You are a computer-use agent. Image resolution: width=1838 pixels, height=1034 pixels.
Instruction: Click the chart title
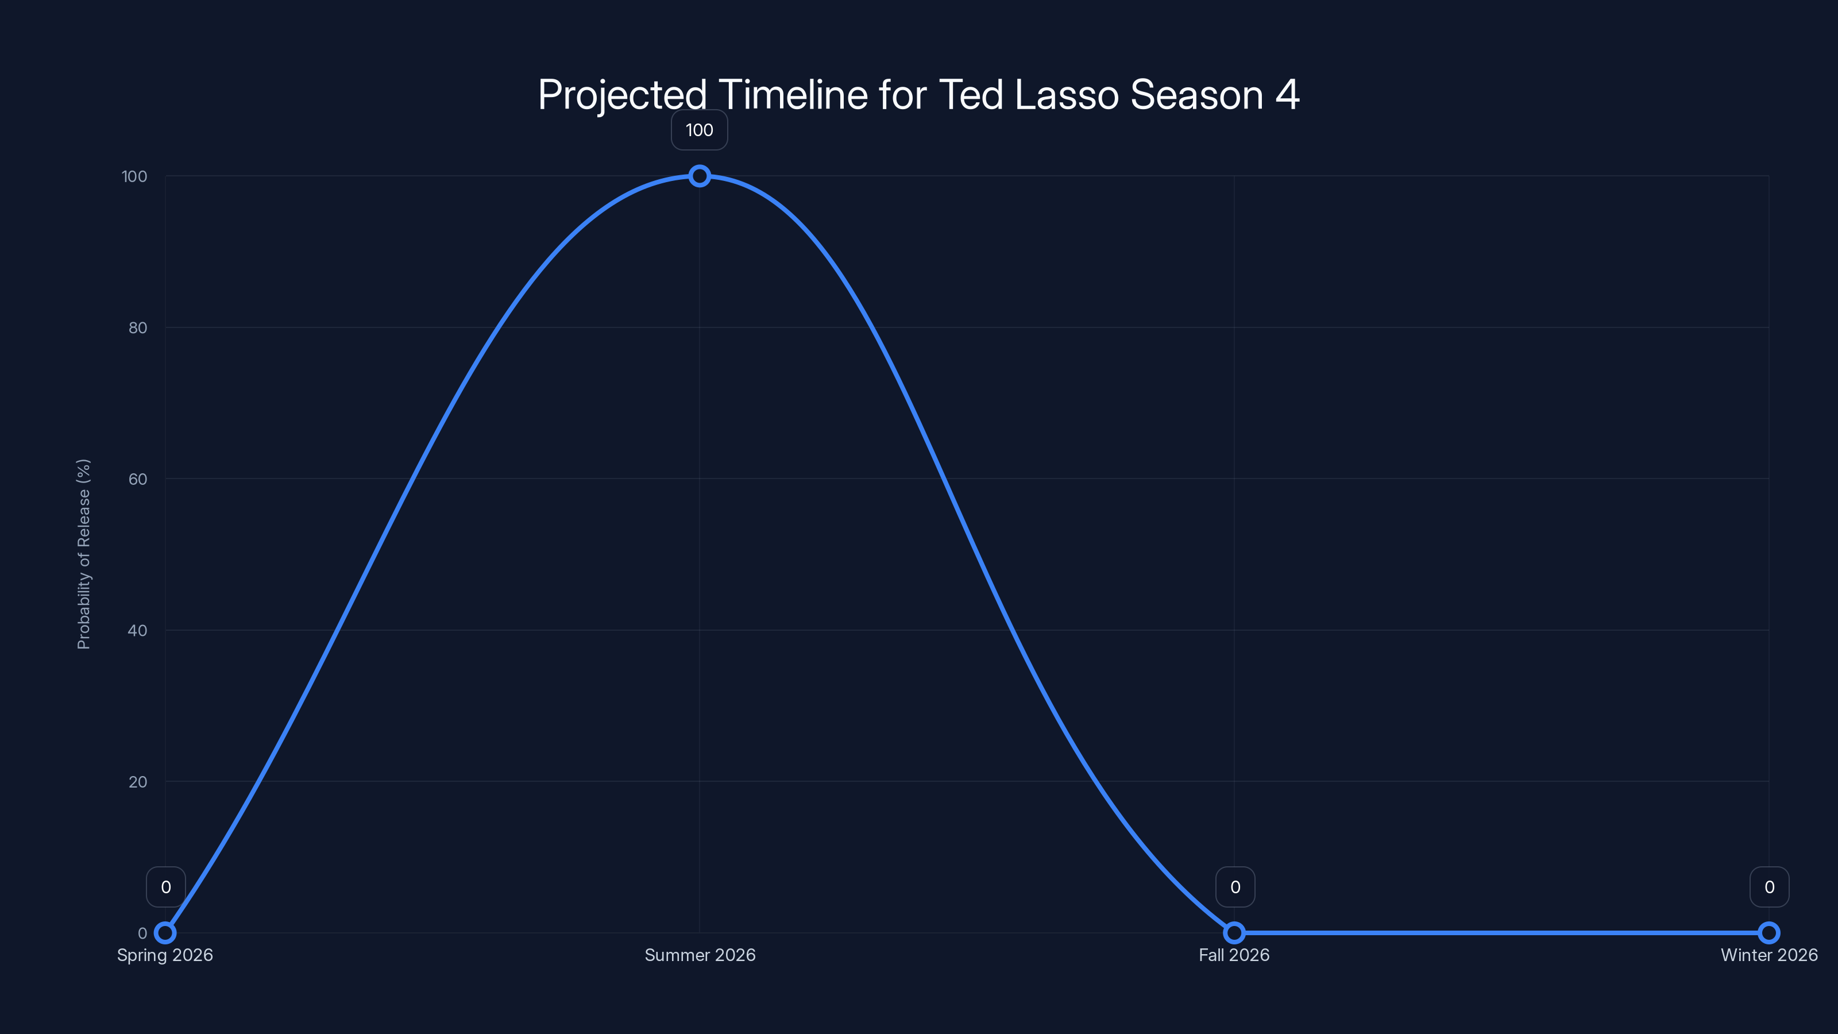[x=918, y=95]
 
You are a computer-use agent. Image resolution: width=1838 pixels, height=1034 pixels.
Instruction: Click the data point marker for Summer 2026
[x=699, y=176]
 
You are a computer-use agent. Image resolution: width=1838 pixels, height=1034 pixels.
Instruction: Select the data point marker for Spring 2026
[x=165, y=933]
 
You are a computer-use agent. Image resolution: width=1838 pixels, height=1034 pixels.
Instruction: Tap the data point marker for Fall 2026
[x=1234, y=933]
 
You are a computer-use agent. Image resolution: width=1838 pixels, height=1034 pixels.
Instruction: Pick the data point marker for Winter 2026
[x=1769, y=933]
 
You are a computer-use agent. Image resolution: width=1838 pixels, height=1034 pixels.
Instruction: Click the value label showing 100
[x=699, y=130]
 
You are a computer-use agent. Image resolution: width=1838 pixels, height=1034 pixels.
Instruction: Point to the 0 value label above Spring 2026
[x=166, y=887]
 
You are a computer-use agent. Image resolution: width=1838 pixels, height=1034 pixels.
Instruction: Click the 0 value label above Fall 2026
[x=1235, y=887]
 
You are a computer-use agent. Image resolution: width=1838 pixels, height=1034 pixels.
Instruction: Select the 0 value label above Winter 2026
[x=1770, y=887]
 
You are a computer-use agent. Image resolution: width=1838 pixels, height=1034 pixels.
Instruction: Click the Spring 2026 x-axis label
[x=165, y=955]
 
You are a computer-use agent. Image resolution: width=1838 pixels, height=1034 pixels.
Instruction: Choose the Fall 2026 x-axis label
[x=1234, y=955]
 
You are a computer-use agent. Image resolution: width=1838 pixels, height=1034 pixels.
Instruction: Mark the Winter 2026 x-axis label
[x=1769, y=955]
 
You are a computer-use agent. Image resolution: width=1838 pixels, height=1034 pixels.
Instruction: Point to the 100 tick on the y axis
[x=134, y=176]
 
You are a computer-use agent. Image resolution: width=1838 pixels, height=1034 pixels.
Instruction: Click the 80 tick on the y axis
[x=138, y=327]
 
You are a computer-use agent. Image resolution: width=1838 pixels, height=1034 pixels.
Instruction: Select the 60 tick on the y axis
[x=138, y=479]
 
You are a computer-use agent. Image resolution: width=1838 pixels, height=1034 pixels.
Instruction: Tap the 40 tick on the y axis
[x=138, y=630]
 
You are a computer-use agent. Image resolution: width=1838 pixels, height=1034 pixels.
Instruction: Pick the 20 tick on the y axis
[x=138, y=781]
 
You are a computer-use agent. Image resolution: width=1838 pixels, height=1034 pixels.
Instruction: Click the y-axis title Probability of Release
[x=83, y=554]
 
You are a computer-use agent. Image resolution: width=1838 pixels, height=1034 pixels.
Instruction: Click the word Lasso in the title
[x=1067, y=95]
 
